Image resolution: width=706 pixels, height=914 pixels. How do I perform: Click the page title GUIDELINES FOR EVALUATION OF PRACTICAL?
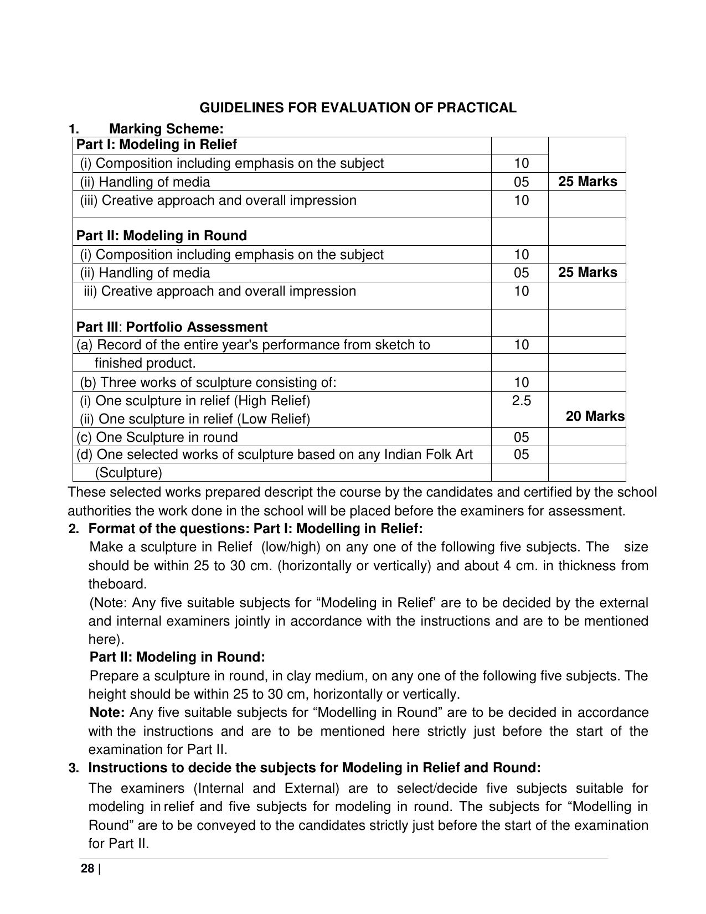[x=358, y=108]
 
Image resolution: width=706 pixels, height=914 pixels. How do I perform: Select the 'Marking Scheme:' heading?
[x=166, y=129]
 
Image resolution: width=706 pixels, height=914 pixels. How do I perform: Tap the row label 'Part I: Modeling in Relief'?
[x=156, y=145]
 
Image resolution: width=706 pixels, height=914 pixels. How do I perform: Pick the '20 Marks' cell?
[x=595, y=416]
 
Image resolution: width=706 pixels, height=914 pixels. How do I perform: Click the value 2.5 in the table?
[x=521, y=401]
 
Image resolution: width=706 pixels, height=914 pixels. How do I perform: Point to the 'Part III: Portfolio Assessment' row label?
[x=172, y=327]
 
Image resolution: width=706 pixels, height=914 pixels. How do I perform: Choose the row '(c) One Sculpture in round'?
[x=157, y=437]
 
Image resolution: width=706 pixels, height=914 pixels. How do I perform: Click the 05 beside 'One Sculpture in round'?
[x=521, y=437]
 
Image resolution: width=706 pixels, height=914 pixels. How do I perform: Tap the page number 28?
[x=87, y=869]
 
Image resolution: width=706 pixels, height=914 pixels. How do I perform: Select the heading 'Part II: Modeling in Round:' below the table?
[x=177, y=657]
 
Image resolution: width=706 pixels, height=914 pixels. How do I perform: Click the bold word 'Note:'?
[x=107, y=712]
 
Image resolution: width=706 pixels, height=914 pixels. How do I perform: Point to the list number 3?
[x=74, y=768]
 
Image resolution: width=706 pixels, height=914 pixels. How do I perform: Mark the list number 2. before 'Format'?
[x=74, y=529]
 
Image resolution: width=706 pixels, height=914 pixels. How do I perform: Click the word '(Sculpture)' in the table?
[x=128, y=473]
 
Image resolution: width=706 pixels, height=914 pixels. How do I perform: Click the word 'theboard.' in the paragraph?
[x=117, y=584]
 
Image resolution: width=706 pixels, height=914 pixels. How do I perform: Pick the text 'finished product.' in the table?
[x=145, y=364]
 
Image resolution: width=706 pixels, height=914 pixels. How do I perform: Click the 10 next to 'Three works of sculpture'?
[x=521, y=383]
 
